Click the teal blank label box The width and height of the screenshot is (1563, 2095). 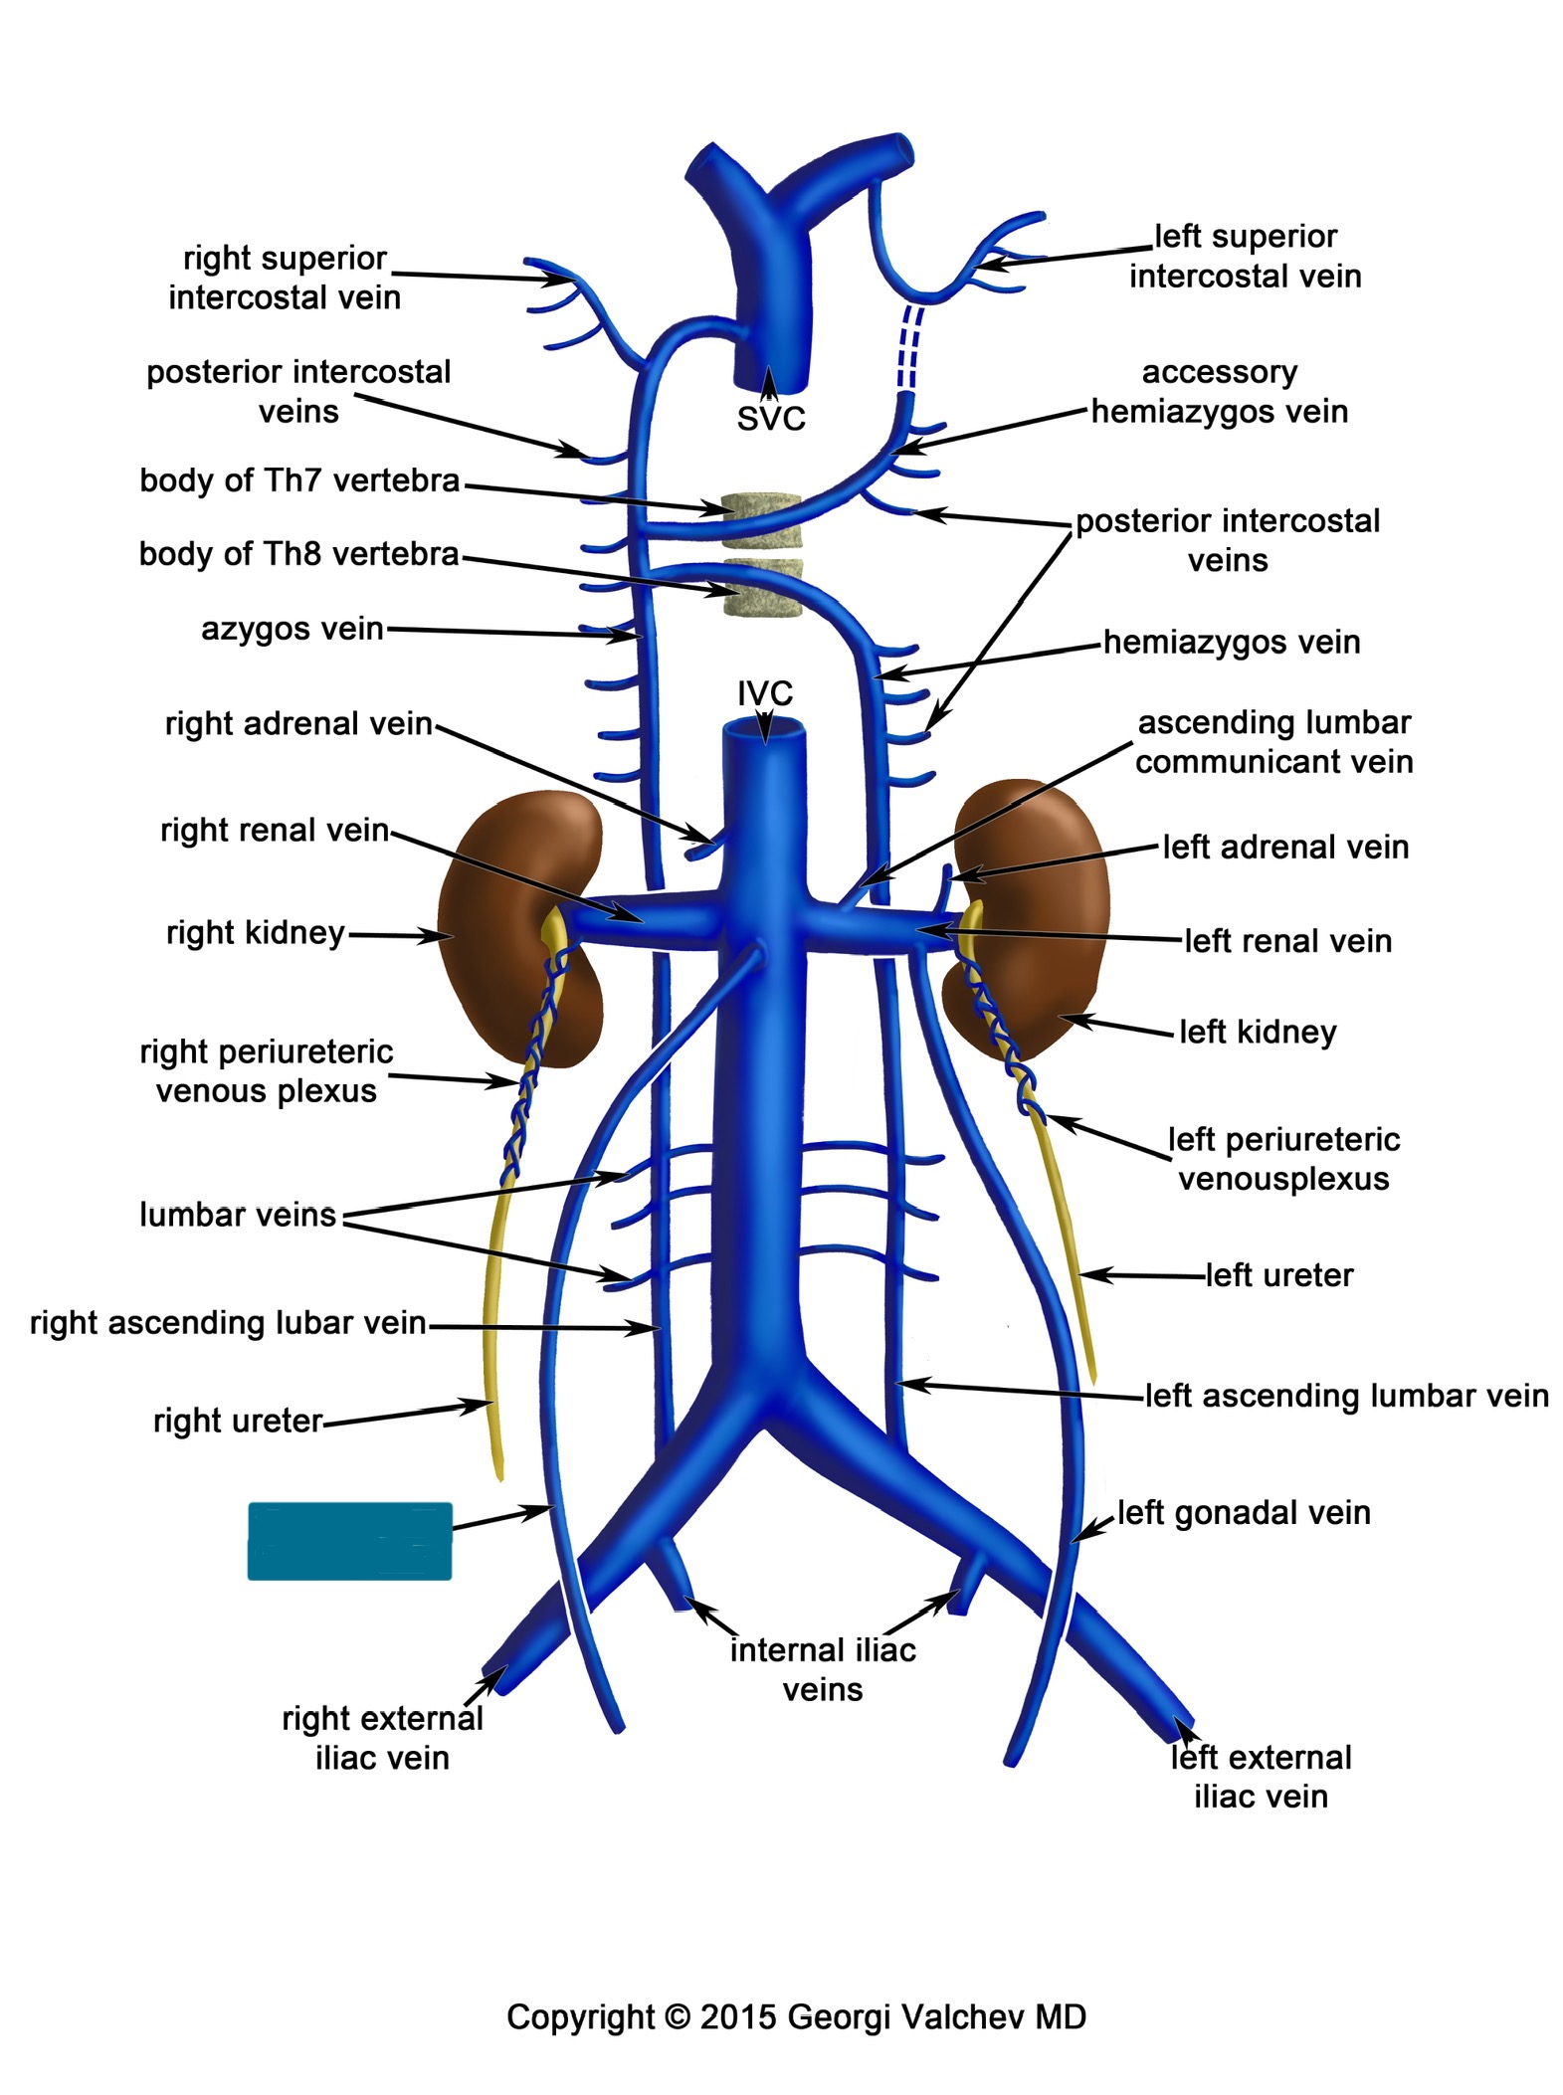(x=349, y=1541)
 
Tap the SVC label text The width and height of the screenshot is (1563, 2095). (x=770, y=419)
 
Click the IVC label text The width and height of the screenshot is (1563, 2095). (x=764, y=692)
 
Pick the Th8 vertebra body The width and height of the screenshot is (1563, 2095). (x=762, y=589)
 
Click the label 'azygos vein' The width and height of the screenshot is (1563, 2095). (x=292, y=629)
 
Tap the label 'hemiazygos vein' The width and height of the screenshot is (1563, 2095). (x=1232, y=642)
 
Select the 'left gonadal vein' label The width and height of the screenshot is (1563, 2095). (x=1244, y=1512)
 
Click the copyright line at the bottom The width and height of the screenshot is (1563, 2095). (x=796, y=2016)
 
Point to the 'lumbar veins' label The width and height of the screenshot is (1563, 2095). (x=238, y=1215)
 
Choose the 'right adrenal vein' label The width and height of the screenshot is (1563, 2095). (x=298, y=723)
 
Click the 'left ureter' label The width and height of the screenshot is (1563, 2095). (x=1279, y=1274)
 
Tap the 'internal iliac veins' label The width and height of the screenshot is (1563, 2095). (x=823, y=1669)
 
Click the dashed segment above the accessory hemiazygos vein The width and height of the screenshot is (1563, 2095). (x=910, y=348)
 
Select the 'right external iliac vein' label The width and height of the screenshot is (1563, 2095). (x=382, y=1738)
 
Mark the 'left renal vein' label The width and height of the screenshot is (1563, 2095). (x=1287, y=940)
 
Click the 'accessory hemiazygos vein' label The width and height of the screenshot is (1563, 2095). (x=1220, y=391)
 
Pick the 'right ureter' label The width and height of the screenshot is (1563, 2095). (x=238, y=1421)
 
